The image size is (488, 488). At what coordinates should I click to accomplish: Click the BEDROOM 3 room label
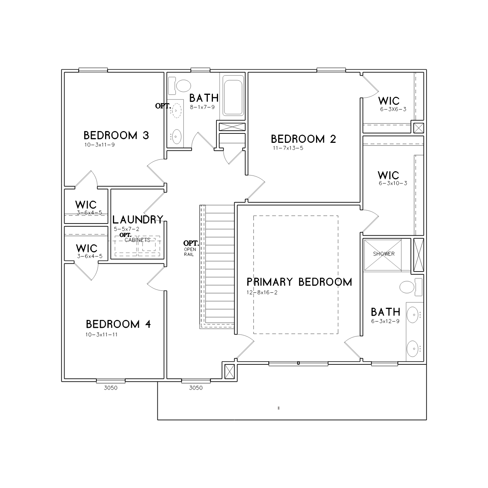tap(116, 135)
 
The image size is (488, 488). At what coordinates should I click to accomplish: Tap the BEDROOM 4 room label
tap(118, 324)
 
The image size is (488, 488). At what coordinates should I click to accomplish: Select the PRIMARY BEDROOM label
tap(299, 282)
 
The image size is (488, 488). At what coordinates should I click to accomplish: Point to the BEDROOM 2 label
tap(303, 139)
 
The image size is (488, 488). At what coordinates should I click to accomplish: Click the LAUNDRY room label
tap(138, 220)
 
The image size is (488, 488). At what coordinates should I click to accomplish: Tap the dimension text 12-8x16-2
tap(262, 292)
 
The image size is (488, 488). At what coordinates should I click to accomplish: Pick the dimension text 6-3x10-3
tap(393, 183)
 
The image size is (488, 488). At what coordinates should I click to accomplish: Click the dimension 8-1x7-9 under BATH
tap(202, 107)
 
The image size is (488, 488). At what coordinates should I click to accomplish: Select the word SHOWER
tap(384, 254)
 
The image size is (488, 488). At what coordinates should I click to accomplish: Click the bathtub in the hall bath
tap(233, 98)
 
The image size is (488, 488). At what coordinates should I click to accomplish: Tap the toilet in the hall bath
tap(180, 86)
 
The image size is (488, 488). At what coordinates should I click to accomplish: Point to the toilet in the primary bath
tap(411, 287)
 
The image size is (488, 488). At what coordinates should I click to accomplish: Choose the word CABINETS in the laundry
tap(137, 240)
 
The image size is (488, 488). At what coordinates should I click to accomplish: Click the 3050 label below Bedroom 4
tap(111, 388)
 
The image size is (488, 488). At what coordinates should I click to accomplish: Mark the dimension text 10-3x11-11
tap(101, 335)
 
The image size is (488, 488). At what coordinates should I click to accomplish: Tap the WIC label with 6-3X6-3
tap(389, 101)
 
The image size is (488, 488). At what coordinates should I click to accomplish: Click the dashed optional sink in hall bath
tap(177, 111)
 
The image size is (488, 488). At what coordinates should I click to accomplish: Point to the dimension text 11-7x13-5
tap(288, 148)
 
